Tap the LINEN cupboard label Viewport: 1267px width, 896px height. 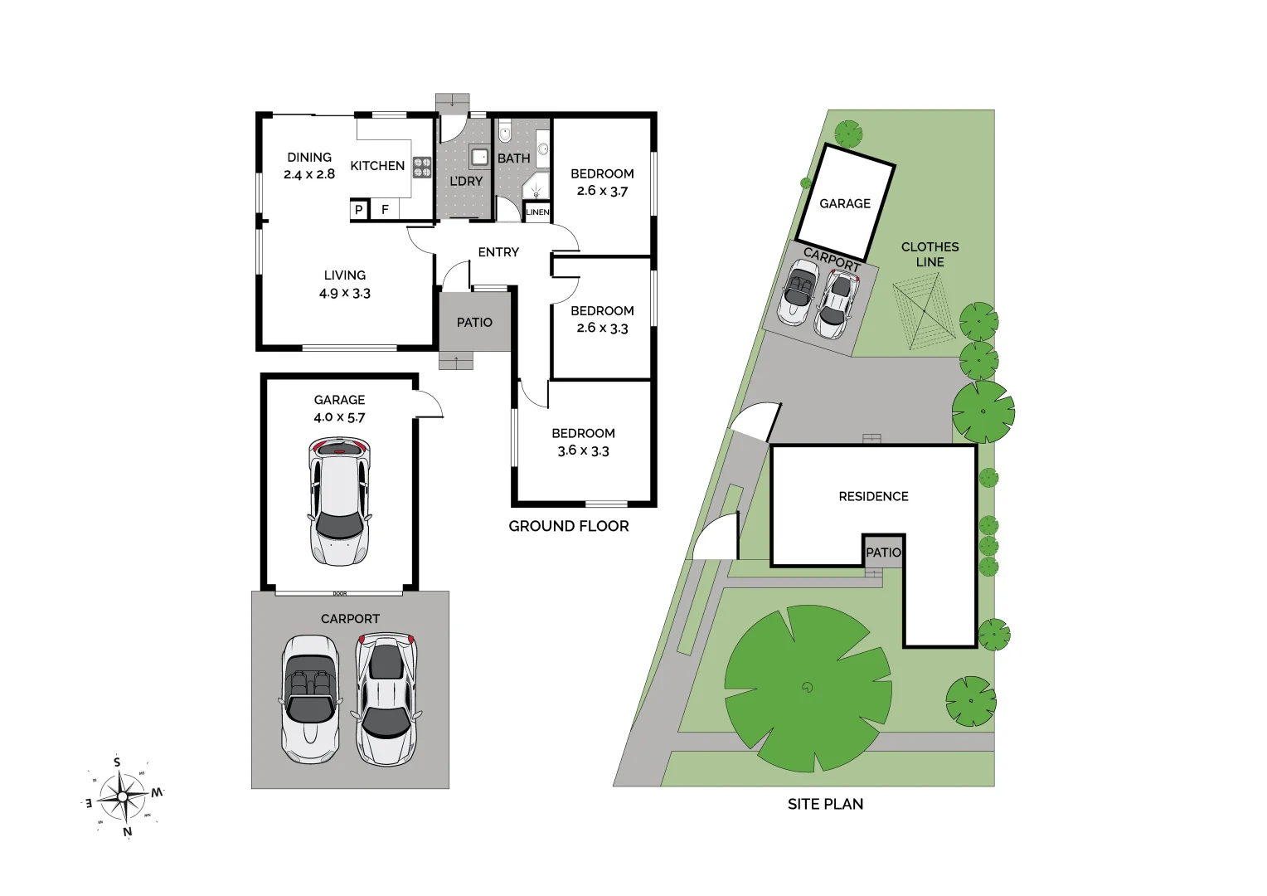click(x=537, y=212)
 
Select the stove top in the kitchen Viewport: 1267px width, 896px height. click(x=422, y=168)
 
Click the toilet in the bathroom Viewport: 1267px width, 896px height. click(x=505, y=133)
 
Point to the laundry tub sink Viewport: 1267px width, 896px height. click(x=479, y=156)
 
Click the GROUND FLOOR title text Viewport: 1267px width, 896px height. click(x=569, y=526)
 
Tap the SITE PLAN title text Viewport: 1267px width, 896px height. click(x=825, y=804)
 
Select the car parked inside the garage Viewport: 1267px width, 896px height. click(x=339, y=501)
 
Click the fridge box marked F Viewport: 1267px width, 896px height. click(x=385, y=210)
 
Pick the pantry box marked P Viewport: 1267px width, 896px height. click(x=359, y=210)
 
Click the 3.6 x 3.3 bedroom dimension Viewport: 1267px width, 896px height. click(x=583, y=451)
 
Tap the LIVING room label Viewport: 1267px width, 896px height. click(x=345, y=275)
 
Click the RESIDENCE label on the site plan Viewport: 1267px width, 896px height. click(x=873, y=496)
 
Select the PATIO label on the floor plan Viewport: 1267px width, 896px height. click(x=474, y=323)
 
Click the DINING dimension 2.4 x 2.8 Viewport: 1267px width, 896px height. click(x=309, y=174)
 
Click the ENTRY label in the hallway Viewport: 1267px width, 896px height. click(x=498, y=252)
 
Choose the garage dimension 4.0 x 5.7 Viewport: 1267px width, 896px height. click(x=339, y=417)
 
